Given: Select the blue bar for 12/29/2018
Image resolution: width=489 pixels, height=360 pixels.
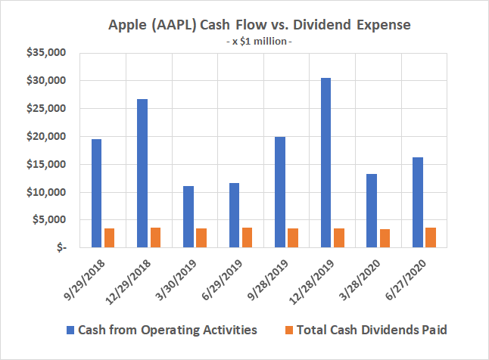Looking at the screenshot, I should (x=142, y=173).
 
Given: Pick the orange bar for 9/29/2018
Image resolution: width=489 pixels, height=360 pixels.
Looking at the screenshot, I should (x=110, y=237).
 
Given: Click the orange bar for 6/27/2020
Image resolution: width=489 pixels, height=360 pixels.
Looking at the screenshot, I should (x=431, y=237).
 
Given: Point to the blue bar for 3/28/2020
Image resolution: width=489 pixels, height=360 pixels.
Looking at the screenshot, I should (x=372, y=210).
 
